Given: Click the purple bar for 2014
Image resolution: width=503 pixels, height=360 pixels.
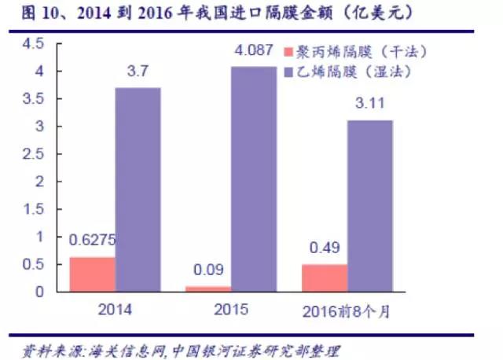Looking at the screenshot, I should [138, 189].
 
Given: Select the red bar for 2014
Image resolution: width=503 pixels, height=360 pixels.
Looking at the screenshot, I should [92, 274].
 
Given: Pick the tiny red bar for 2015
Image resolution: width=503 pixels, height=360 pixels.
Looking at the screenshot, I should [207, 288].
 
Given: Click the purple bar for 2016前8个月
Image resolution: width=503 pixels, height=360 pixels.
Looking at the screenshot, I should [369, 205].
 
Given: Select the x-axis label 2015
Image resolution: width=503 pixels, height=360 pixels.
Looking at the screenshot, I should [231, 309].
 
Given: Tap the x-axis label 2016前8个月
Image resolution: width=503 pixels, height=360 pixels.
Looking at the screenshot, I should [347, 310].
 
